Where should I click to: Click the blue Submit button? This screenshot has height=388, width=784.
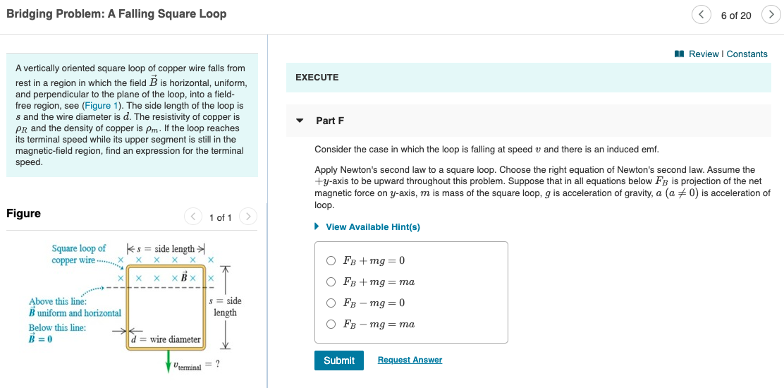339,360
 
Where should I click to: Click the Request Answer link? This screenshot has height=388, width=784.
410,360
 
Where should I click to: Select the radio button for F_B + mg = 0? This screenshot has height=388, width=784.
331,260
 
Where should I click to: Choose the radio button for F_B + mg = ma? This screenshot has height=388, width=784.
331,281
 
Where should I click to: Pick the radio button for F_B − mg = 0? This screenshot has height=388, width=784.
331,303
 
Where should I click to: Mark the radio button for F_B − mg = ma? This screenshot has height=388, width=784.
331,324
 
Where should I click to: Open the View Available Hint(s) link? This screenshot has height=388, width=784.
372,226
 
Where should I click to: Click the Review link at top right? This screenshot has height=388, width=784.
704,54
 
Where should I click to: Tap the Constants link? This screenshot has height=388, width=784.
747,54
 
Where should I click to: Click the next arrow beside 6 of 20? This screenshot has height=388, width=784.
771,15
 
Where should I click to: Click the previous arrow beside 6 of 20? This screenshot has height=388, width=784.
701,15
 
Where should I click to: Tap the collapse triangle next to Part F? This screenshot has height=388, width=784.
300,121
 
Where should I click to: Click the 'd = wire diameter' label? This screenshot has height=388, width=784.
166,339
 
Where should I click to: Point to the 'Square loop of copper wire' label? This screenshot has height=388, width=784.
78,254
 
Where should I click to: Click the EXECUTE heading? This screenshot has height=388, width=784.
317,78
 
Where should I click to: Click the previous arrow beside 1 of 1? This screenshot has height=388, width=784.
192,217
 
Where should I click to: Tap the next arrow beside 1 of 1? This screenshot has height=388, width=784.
247,217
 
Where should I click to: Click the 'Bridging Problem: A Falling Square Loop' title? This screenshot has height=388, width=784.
116,14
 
